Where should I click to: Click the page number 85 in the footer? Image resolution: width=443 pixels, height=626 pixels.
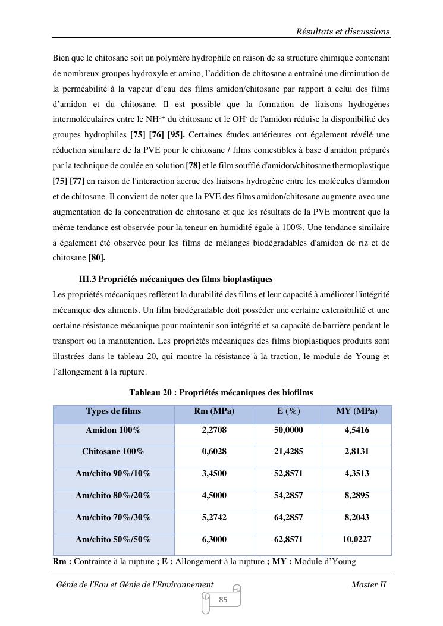tap(223, 600)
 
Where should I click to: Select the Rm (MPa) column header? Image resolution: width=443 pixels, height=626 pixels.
tap(214, 411)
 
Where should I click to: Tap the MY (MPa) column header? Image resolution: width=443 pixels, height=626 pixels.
tap(357, 411)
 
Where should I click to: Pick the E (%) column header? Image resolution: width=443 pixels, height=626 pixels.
tap(288, 411)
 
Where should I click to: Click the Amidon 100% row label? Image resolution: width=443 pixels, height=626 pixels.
tap(113, 430)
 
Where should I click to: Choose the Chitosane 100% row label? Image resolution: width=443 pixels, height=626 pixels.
tap(113, 452)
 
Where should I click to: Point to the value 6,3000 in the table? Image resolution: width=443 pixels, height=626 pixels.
tap(214, 540)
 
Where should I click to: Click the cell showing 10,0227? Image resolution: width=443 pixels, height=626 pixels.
tap(357, 540)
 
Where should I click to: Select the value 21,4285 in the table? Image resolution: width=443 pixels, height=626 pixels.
tap(288, 452)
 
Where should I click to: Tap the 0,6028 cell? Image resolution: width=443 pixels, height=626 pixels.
tap(214, 452)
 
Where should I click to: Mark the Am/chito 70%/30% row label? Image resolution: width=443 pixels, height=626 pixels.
tap(113, 518)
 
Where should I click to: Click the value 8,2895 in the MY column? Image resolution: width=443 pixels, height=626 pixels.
tap(357, 496)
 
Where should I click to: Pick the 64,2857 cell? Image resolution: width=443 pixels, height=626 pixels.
tap(288, 518)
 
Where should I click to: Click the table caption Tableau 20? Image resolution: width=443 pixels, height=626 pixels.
tap(221, 392)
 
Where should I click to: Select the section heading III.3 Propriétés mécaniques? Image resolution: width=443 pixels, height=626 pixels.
tap(175, 279)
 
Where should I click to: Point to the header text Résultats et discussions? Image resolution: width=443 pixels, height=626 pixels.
tap(343, 32)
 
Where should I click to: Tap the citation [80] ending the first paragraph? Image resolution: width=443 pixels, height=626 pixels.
tap(97, 258)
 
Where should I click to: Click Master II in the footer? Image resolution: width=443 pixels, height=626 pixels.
tap(369, 584)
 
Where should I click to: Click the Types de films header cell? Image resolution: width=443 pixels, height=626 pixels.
tap(113, 411)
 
